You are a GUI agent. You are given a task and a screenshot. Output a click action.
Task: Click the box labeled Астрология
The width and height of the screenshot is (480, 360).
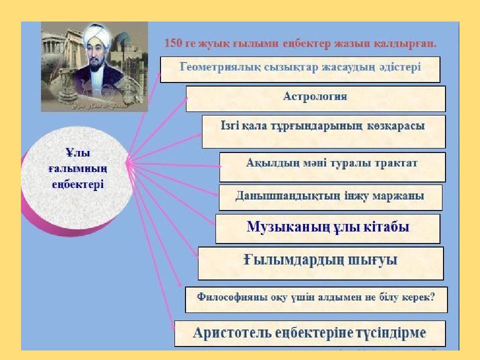(315, 98)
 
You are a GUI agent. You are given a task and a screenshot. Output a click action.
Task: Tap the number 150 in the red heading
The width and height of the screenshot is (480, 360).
(173, 43)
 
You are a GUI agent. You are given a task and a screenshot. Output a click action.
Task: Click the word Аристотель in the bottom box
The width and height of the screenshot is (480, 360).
(232, 332)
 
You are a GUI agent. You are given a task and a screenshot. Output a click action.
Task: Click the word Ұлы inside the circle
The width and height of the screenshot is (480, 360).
(78, 152)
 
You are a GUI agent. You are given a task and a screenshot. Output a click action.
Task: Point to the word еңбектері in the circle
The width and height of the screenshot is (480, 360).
(78, 184)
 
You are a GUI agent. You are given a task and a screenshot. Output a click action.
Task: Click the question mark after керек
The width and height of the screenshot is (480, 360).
(432, 296)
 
